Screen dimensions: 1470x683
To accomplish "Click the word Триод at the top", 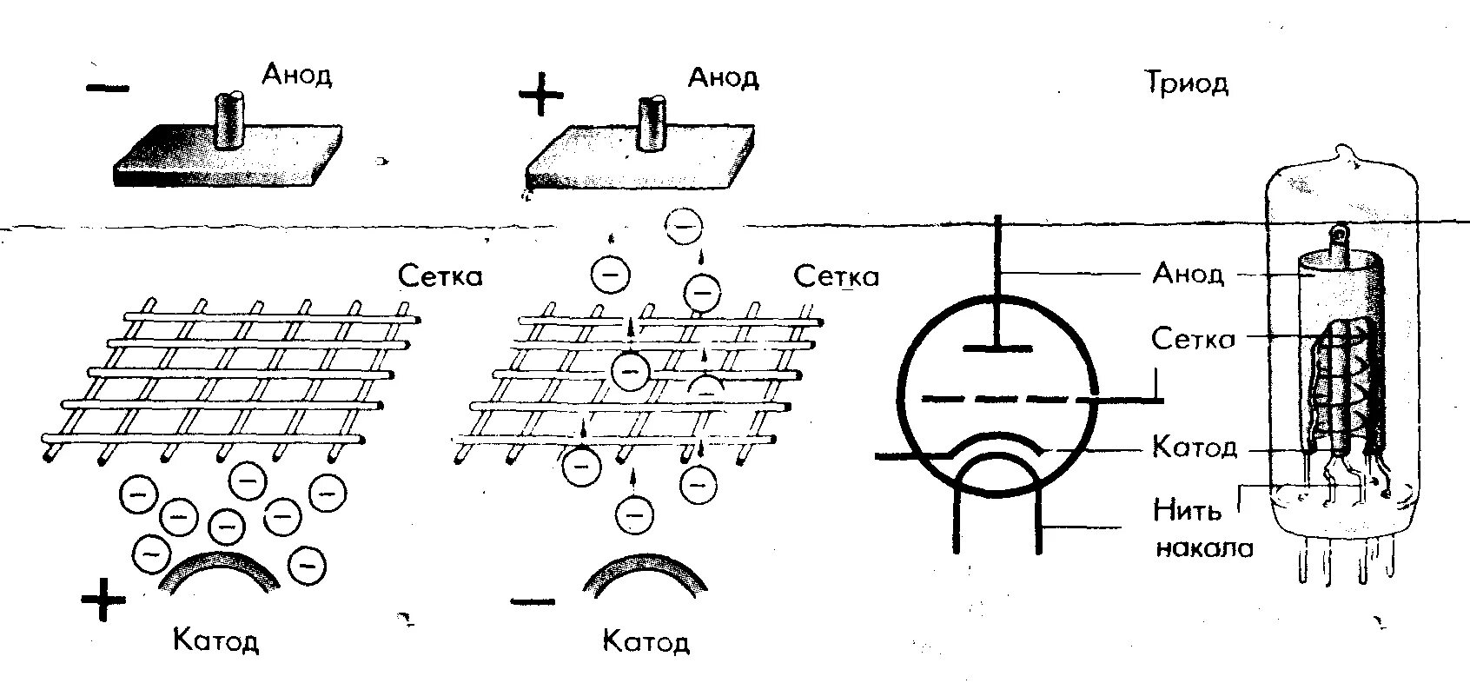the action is [1186, 83].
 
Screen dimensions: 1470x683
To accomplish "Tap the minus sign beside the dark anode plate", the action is [109, 87].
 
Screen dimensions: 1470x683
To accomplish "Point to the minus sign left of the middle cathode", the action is [532, 600].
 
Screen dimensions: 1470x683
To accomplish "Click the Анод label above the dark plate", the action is [297, 75].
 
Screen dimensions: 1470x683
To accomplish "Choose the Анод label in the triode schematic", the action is [1188, 274].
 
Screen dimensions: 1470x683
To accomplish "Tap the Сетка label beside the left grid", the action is [440, 276].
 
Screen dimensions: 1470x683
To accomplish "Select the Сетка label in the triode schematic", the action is [1192, 338].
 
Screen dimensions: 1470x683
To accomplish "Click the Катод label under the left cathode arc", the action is [216, 641].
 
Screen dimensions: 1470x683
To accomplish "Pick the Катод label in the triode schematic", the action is [1194, 448].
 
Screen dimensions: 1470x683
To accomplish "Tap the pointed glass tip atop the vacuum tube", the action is [1347, 157].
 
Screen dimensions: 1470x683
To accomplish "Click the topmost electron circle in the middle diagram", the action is [684, 227].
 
